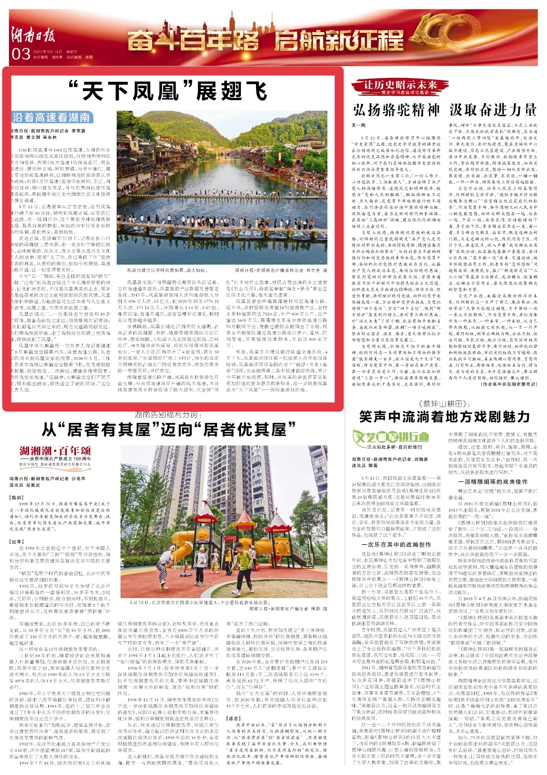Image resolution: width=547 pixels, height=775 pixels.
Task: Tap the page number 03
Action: (21, 54)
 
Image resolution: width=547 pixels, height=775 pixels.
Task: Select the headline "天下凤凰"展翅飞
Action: (168, 91)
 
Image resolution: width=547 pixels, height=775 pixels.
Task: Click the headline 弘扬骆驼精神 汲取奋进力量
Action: (444, 110)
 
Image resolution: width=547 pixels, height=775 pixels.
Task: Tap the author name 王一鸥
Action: (358, 125)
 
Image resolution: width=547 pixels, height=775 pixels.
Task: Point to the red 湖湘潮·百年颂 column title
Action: (55, 451)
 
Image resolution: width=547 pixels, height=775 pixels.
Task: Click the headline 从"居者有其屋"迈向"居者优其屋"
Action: (169, 429)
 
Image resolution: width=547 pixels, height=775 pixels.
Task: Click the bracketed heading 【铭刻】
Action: (18, 498)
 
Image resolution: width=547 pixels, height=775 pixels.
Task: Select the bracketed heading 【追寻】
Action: (18, 542)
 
